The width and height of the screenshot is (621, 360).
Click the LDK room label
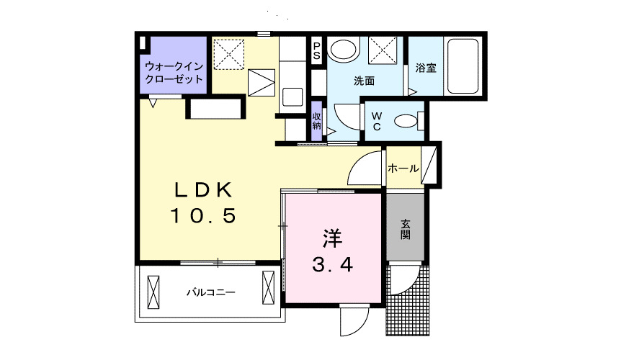pos(203,189)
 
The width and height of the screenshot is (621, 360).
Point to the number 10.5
pos(203,215)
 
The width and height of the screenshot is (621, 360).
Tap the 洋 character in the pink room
pos(332,237)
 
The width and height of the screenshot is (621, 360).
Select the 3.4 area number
pos(332,265)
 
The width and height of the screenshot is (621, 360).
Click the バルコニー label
pos(211,292)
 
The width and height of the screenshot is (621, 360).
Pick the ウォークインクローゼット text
pos(174,72)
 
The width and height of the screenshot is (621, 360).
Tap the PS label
pos(316,51)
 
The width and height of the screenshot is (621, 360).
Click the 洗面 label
pos(364,81)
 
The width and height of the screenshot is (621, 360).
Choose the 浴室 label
pos(426,68)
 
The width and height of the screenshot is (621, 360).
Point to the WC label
pos(375,122)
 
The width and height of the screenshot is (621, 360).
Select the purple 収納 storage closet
pos(316,120)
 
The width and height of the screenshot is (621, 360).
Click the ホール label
pos(403,168)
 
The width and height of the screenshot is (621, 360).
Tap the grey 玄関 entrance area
pos(406,229)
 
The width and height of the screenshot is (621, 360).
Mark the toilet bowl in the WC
pos(408,121)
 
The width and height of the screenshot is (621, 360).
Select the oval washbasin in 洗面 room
pos(344,50)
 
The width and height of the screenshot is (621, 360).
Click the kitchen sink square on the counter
pos(292,96)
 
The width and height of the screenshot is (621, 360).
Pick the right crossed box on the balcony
pos(269,288)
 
